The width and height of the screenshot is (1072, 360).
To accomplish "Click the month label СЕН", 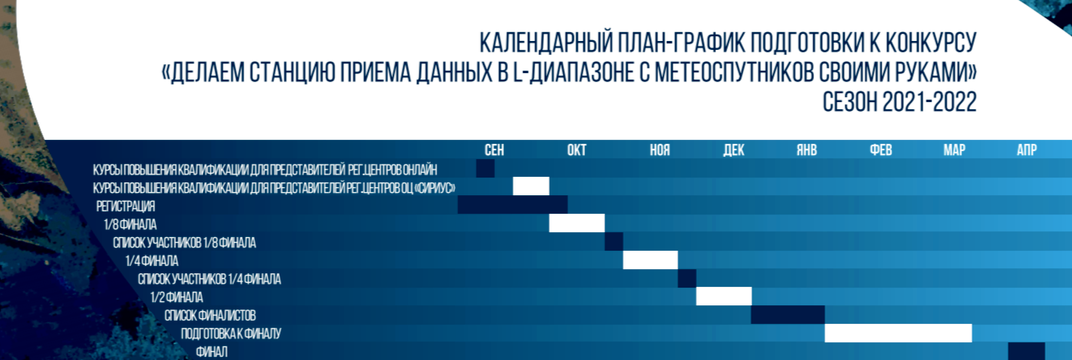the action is click(494, 150).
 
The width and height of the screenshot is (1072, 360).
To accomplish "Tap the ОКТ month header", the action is click(577, 150).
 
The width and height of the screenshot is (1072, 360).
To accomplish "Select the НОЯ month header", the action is click(660, 150).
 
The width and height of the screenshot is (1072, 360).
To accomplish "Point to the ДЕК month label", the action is click(734, 150).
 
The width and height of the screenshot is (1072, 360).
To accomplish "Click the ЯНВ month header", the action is click(807, 150).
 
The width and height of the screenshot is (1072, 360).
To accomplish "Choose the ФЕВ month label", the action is click(881, 150).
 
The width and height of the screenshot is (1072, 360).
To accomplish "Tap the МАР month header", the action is click(955, 150).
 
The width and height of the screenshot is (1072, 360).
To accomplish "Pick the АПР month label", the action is click(1027, 150).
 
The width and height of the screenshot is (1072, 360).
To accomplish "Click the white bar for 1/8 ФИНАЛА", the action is click(577, 223).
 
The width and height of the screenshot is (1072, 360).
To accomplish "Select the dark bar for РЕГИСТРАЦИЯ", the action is click(513, 205).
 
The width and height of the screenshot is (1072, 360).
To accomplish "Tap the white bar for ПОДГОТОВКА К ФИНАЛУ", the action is click(898, 333).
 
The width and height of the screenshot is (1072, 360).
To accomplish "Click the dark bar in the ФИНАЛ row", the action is click(1026, 351).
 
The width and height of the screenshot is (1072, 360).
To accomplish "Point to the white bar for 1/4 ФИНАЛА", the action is click(650, 260).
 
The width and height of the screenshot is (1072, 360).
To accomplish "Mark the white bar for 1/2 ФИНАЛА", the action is click(723, 297).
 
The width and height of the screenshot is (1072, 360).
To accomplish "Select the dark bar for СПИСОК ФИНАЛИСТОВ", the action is click(788, 315).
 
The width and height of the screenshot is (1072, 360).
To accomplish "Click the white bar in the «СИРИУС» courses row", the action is click(531, 186).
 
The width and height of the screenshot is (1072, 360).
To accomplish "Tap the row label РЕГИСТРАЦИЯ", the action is click(126, 207).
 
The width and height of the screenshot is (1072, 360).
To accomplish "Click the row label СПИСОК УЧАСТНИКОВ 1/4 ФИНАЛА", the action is click(210, 279).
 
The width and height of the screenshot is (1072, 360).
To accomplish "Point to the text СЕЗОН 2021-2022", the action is click(900, 102).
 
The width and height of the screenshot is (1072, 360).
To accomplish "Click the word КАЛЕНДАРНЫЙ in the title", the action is click(546, 43).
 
